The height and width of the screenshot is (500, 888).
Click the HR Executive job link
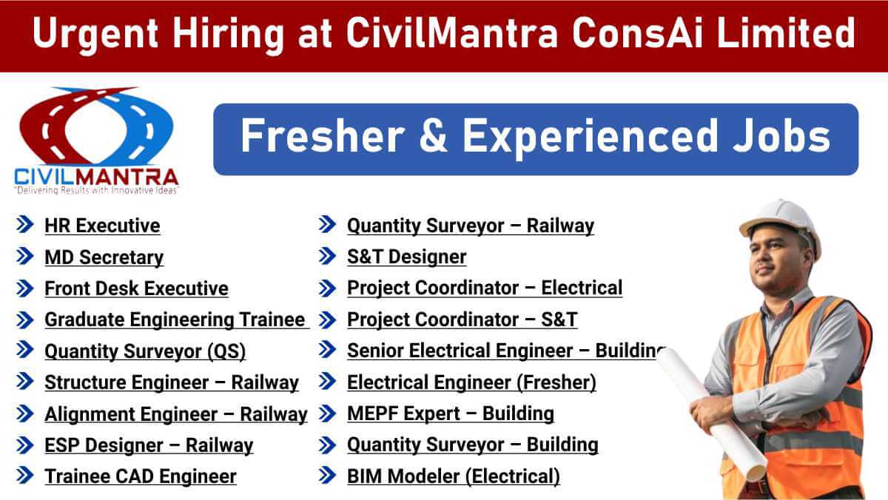tap(102, 226)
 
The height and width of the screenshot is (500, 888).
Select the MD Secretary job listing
tap(104, 257)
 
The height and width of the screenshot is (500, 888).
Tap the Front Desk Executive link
tap(136, 288)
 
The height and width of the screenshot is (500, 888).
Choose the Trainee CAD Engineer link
tap(141, 476)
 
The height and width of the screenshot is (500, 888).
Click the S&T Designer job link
tap(407, 257)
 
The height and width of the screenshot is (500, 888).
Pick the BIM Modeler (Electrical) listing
tap(454, 476)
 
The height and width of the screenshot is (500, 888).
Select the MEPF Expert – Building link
tap(451, 413)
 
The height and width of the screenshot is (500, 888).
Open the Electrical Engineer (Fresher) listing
tap(472, 382)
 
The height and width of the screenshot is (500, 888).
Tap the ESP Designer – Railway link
tap(149, 445)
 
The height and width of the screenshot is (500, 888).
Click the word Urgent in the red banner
tap(95, 35)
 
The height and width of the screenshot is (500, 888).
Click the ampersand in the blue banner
tap(434, 136)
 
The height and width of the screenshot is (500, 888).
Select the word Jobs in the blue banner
tap(781, 136)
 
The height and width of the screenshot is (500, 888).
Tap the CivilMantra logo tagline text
tap(96, 191)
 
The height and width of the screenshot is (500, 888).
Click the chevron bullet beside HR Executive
tap(24, 224)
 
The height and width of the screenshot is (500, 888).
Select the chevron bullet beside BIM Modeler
tap(327, 475)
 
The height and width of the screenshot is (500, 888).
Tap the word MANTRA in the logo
tap(132, 177)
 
